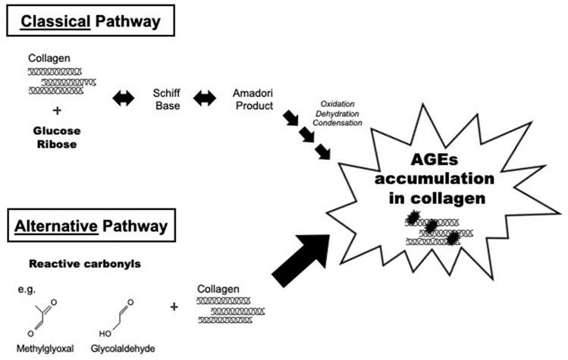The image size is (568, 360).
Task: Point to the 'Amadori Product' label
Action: pos(253,98)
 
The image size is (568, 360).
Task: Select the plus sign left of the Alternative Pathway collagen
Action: pos(175,307)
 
